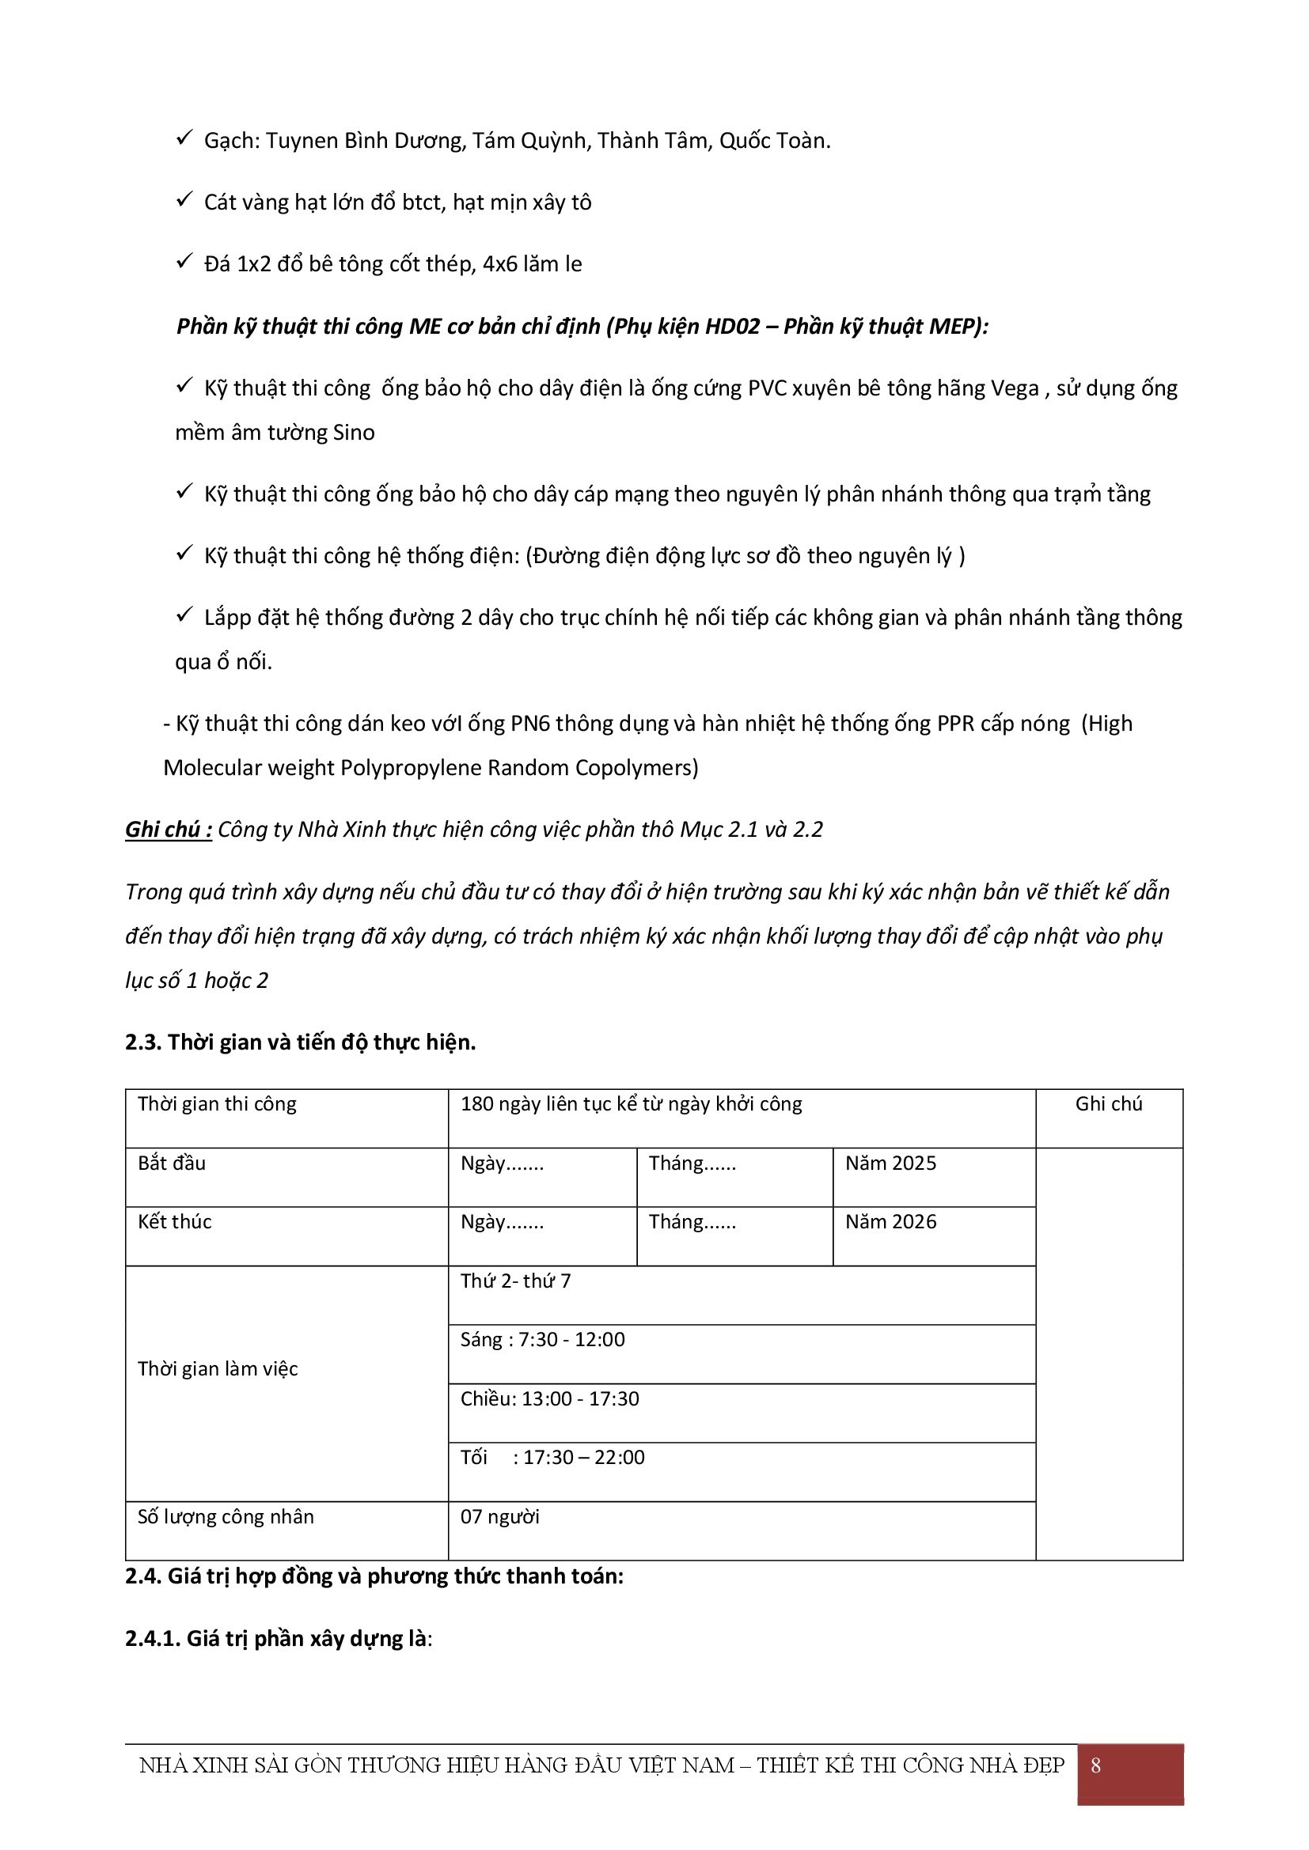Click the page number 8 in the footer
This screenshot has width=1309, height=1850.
tap(1095, 1765)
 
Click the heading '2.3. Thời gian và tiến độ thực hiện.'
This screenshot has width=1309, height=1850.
tap(301, 1042)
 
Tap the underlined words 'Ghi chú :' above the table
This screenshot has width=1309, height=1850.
tap(169, 830)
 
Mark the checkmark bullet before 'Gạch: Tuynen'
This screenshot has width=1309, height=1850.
tap(183, 139)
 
